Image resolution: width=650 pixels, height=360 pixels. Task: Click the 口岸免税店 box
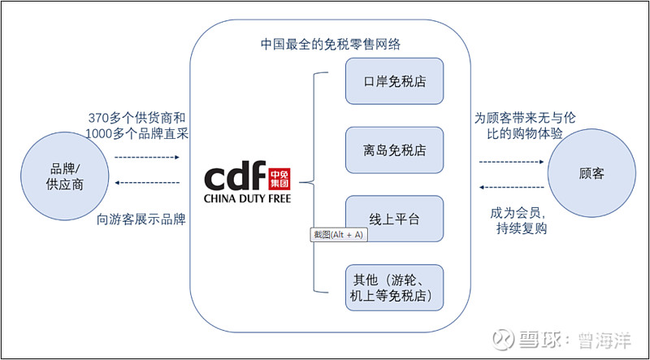point(395,80)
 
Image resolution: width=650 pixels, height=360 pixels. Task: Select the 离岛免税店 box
point(395,150)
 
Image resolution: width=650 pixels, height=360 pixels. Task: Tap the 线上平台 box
point(395,218)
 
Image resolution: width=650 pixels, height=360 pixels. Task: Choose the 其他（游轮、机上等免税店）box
point(395,287)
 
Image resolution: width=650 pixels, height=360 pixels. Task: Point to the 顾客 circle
point(591,174)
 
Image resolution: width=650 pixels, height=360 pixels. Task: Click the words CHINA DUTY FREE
point(246,197)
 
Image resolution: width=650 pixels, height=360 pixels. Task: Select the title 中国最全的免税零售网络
point(330,43)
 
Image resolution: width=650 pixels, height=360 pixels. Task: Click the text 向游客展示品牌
point(141,218)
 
